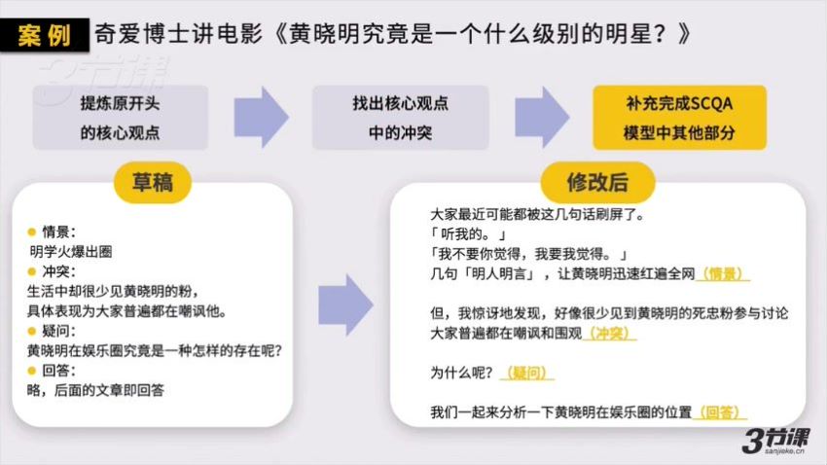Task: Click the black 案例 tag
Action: pyautogui.click(x=45, y=35)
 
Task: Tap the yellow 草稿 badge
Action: pyautogui.click(x=153, y=183)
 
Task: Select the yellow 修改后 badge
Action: pyautogui.click(x=597, y=183)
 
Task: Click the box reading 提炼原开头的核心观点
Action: pyautogui.click(x=121, y=118)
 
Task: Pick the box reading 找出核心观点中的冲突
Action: pyautogui.click(x=400, y=118)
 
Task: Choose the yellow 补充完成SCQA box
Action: pyautogui.click(x=679, y=118)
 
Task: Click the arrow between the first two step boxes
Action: pyautogui.click(x=261, y=117)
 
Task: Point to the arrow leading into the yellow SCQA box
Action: pyautogui.click(x=542, y=117)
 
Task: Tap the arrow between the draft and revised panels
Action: pyautogui.click(x=345, y=304)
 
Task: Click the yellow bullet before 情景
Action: pyautogui.click(x=32, y=232)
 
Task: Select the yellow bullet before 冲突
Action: pyautogui.click(x=32, y=271)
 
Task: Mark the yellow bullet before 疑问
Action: pyautogui.click(x=32, y=331)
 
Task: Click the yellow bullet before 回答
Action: pyautogui.click(x=32, y=371)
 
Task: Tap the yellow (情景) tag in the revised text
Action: pyautogui.click(x=723, y=273)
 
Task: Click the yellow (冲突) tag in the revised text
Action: pyautogui.click(x=610, y=334)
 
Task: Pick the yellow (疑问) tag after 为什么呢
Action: pyautogui.click(x=526, y=373)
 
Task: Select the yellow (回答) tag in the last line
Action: pyautogui.click(x=722, y=412)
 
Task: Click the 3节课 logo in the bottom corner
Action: pyautogui.click(x=775, y=441)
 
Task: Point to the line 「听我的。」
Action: pyautogui.click(x=468, y=234)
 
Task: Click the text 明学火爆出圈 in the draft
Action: pyautogui.click(x=71, y=252)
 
